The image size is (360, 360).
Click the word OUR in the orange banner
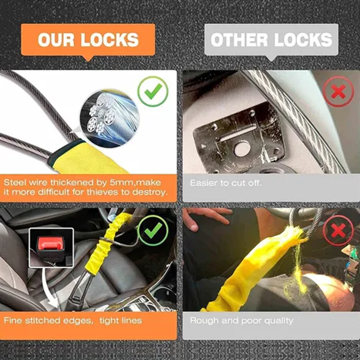tap(56, 40)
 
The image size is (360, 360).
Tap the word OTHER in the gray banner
tap(239, 40)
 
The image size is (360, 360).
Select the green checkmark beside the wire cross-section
tap(153, 91)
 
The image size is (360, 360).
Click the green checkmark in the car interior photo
tap(153, 230)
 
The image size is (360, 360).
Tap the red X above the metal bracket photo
tap(338, 91)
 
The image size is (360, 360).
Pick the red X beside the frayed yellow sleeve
tap(338, 230)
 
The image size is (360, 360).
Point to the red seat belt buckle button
tap(51, 243)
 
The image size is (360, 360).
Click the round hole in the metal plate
tap(242, 149)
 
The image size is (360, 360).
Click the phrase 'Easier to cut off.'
tap(226, 183)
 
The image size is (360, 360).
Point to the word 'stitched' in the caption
tap(43, 320)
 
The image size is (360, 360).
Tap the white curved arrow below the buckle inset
tap(49, 290)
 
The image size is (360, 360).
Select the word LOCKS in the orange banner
tap(110, 40)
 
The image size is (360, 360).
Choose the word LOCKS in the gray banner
tap(303, 40)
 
